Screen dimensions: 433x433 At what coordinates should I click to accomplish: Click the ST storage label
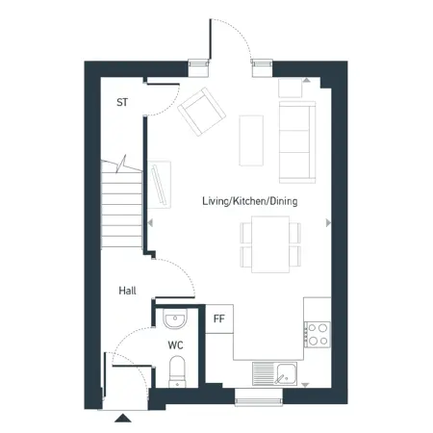tap(122, 102)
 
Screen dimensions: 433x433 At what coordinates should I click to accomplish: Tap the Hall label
tap(127, 291)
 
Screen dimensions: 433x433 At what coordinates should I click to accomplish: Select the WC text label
tap(175, 345)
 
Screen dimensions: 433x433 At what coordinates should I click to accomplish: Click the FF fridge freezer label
tap(219, 318)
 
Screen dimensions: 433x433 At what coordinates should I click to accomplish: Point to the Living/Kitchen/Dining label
tap(250, 201)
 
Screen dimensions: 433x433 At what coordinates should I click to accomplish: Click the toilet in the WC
tap(177, 371)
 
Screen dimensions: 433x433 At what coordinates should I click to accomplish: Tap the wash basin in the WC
tap(175, 318)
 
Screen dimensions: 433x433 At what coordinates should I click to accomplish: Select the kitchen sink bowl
tap(287, 374)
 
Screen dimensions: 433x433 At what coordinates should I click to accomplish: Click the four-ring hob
tap(318, 334)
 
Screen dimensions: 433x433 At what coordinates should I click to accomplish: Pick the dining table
tap(270, 244)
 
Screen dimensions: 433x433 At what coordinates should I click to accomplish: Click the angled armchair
tap(201, 112)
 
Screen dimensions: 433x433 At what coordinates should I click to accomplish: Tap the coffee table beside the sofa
tap(251, 140)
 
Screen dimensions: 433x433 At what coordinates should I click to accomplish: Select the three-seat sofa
tap(297, 142)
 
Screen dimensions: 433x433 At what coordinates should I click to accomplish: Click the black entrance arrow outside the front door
tap(123, 418)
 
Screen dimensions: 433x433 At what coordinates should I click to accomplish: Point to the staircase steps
tap(121, 204)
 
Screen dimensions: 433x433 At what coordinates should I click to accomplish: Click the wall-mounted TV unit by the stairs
tap(160, 185)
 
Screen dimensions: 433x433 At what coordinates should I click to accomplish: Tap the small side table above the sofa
tap(290, 88)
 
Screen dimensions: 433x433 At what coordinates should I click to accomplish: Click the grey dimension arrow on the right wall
tap(328, 222)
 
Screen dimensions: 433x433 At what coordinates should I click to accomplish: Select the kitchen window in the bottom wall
tap(259, 397)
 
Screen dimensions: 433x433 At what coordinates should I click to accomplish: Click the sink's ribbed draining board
tap(265, 374)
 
